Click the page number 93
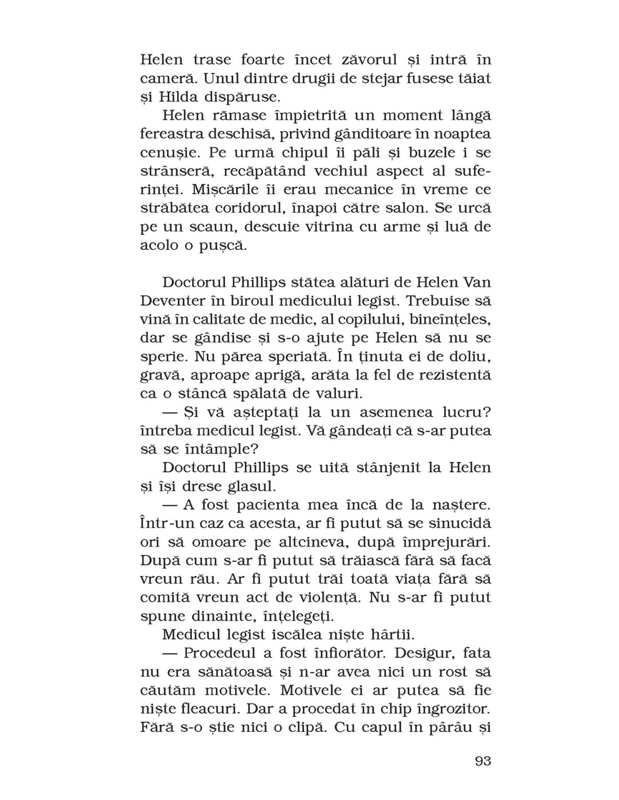(x=483, y=761)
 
